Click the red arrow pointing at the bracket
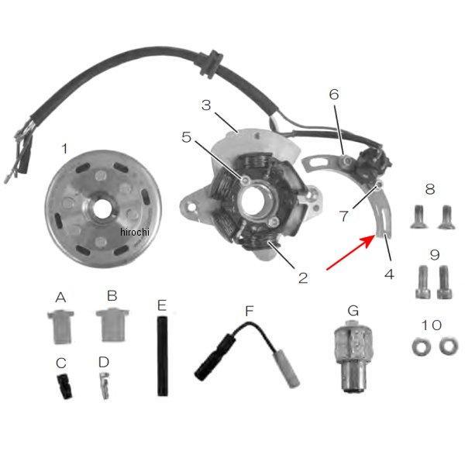point(350,252)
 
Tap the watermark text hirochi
point(135,232)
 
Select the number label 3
point(206,105)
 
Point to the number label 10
point(432,325)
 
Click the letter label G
point(353,311)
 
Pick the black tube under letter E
point(162,356)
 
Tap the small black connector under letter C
point(65,386)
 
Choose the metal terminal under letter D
point(105,384)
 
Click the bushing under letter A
point(60,327)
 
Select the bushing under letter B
point(112,325)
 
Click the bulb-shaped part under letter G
point(353,356)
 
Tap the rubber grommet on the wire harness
point(212,64)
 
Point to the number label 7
point(343,216)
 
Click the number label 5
point(187,137)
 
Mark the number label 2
point(303,278)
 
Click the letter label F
point(250,311)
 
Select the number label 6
point(334,95)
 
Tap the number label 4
point(389,274)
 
